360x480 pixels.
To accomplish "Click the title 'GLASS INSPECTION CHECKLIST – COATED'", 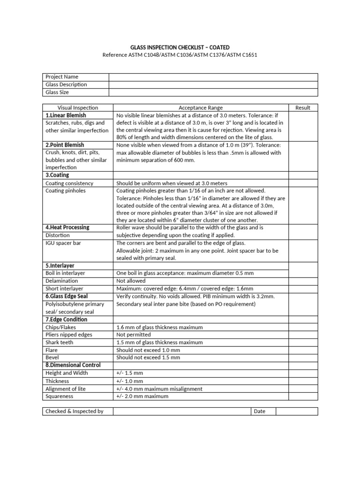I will click(x=180, y=47).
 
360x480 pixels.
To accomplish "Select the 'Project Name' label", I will click(x=62, y=77).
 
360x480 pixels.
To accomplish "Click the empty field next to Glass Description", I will click(x=213, y=84).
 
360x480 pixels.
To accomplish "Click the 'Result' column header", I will click(x=303, y=107).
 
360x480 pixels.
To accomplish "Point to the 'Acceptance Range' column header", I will click(x=201, y=107).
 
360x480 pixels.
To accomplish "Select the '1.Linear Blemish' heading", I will click(x=66, y=115).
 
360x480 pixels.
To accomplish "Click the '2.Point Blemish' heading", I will click(x=65, y=145).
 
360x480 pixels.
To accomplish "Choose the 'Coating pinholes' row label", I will click(x=66, y=191).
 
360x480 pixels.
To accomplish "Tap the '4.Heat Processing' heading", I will click(x=67, y=227).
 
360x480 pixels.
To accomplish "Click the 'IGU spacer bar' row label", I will click(x=63, y=243).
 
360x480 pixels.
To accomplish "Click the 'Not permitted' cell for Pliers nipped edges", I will click(x=133, y=335).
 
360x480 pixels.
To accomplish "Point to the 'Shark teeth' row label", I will click(x=59, y=342).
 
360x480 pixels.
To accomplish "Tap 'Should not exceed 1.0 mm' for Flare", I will click(x=148, y=350).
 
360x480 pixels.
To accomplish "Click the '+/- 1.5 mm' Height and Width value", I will click(x=129, y=373).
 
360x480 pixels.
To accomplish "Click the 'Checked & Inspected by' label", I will click(x=74, y=412).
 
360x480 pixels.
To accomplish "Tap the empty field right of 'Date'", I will click(x=296, y=412).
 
